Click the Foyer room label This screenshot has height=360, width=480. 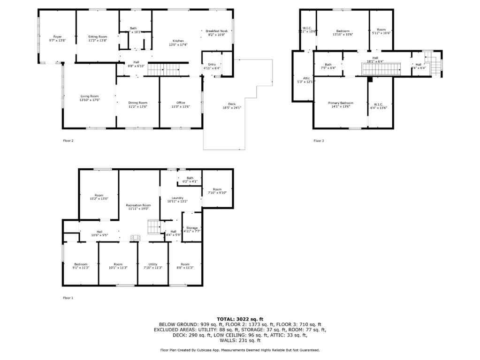(57, 37)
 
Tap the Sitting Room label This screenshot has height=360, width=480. (98, 37)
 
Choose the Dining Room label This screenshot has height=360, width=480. (138, 102)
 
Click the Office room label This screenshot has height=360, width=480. (181, 102)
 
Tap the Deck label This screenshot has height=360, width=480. (232, 104)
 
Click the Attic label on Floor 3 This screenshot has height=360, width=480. (306, 78)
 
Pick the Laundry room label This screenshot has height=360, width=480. (177, 198)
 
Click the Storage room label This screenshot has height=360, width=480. (192, 227)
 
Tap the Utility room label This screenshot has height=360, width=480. (153, 264)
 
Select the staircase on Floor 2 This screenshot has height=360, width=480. (161, 69)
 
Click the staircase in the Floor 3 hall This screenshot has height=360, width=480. (381, 69)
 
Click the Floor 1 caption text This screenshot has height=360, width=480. (68, 298)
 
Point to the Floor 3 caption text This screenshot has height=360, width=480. (319, 140)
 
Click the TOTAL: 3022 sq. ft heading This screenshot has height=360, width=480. (240, 319)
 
